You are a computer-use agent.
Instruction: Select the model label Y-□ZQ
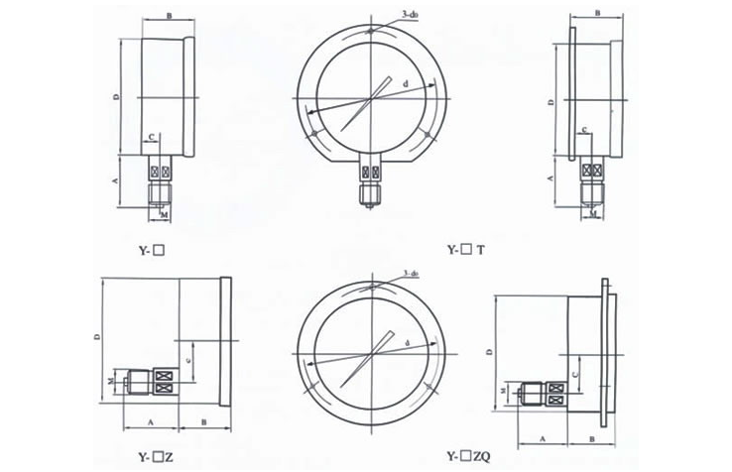(x=469, y=457)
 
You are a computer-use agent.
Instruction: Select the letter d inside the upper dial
(x=407, y=87)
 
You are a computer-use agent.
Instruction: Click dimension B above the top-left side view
(x=170, y=16)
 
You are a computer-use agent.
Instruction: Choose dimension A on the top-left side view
(x=116, y=180)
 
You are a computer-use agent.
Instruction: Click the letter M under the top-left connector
(x=164, y=215)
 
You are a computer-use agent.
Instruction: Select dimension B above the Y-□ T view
(x=599, y=11)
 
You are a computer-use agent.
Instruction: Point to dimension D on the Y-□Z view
(x=97, y=337)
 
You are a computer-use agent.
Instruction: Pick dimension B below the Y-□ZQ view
(x=592, y=437)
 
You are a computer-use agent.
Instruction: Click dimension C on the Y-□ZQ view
(x=576, y=374)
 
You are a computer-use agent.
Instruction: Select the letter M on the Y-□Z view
(x=111, y=380)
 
